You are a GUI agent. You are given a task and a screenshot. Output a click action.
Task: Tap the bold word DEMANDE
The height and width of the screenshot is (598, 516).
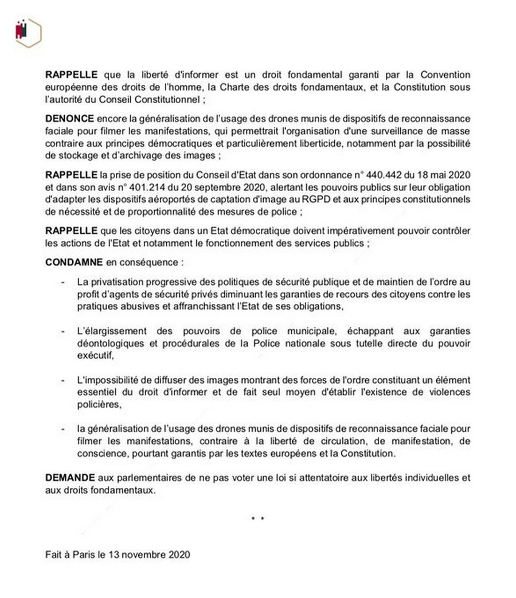(x=69, y=477)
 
